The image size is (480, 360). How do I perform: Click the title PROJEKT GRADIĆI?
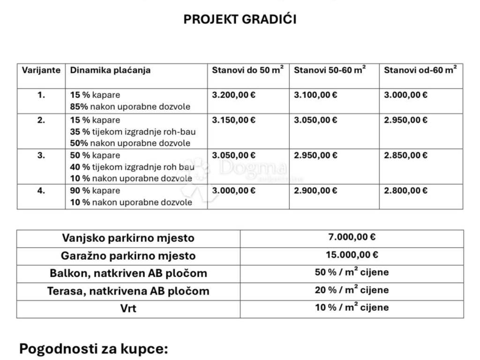click(x=240, y=19)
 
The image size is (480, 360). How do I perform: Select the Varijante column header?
click(x=41, y=70)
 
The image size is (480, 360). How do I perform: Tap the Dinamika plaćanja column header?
click(x=110, y=70)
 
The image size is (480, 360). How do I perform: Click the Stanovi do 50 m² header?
click(x=247, y=70)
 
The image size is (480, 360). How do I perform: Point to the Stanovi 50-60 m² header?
click(x=330, y=70)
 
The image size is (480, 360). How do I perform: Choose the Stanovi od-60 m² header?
click(x=420, y=70)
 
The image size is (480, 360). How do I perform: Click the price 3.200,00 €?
click(x=234, y=95)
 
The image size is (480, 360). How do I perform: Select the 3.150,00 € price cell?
click(x=234, y=120)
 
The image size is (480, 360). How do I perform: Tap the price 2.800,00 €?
click(x=405, y=190)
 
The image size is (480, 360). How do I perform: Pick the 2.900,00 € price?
click(x=315, y=190)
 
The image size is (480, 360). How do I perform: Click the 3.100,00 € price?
click(x=315, y=95)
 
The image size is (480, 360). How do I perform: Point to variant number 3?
click(x=41, y=155)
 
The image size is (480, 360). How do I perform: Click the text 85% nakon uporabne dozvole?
click(x=130, y=106)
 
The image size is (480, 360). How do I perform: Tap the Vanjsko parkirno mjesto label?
click(x=128, y=238)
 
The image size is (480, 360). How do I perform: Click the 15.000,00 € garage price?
click(x=352, y=255)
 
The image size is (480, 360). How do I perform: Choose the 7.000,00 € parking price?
click(x=352, y=237)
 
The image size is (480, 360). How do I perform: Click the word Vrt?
click(x=128, y=309)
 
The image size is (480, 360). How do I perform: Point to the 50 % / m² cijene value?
click(x=352, y=272)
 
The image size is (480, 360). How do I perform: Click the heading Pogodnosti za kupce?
click(x=93, y=349)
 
